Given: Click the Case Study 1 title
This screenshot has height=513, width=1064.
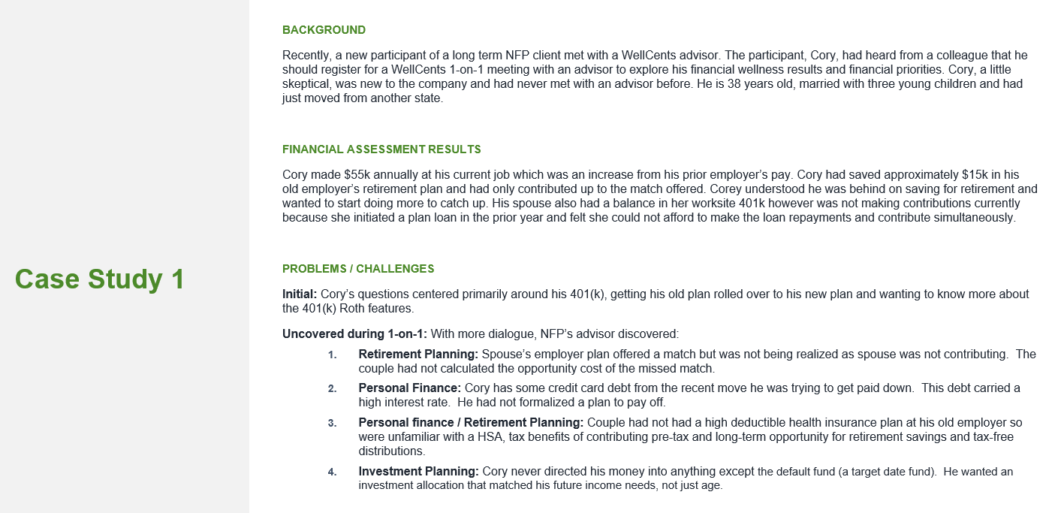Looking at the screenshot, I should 99,279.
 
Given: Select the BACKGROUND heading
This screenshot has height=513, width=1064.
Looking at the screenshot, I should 324,30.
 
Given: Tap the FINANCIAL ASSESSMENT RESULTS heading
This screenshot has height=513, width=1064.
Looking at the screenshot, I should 381,149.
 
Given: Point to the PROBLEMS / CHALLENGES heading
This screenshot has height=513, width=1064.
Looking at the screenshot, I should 358,268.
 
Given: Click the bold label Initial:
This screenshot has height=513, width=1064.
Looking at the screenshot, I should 300,294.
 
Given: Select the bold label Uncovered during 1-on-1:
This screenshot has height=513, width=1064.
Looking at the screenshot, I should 354,333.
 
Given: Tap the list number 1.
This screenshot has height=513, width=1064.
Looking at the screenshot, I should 332,355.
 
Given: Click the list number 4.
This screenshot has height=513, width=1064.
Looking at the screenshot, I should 332,472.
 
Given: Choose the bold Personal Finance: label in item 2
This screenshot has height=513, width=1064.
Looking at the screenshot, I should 409,388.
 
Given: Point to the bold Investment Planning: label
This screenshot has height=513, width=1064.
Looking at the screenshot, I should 418,471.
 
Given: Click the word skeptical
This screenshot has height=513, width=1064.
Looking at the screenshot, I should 307,83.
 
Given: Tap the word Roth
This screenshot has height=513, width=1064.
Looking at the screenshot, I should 358,308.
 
